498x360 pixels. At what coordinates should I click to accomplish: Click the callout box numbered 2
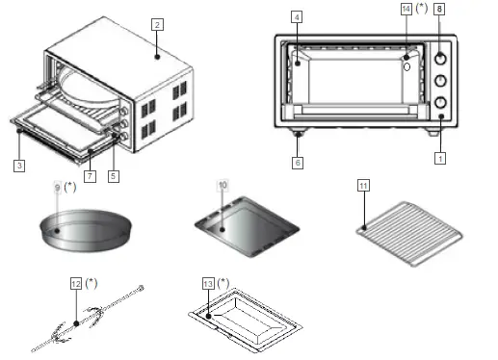(157, 23)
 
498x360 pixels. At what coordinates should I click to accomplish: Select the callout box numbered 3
(18, 166)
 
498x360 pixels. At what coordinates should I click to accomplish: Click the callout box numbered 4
(298, 17)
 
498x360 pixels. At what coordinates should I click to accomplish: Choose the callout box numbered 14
(406, 9)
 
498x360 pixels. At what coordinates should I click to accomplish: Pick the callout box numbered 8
(440, 9)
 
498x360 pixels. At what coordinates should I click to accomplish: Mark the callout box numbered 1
(440, 157)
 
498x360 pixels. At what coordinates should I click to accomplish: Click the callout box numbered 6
(298, 165)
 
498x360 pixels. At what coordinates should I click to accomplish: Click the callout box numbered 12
(76, 284)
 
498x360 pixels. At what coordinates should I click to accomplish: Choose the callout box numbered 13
(209, 284)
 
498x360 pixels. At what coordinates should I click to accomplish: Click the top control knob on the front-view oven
(440, 57)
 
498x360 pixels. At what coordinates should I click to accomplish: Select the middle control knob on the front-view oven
(440, 81)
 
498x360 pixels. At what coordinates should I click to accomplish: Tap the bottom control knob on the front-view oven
(440, 102)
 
